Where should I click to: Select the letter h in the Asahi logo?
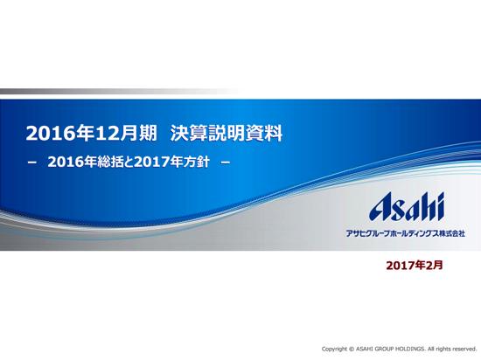(x=429, y=207)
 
